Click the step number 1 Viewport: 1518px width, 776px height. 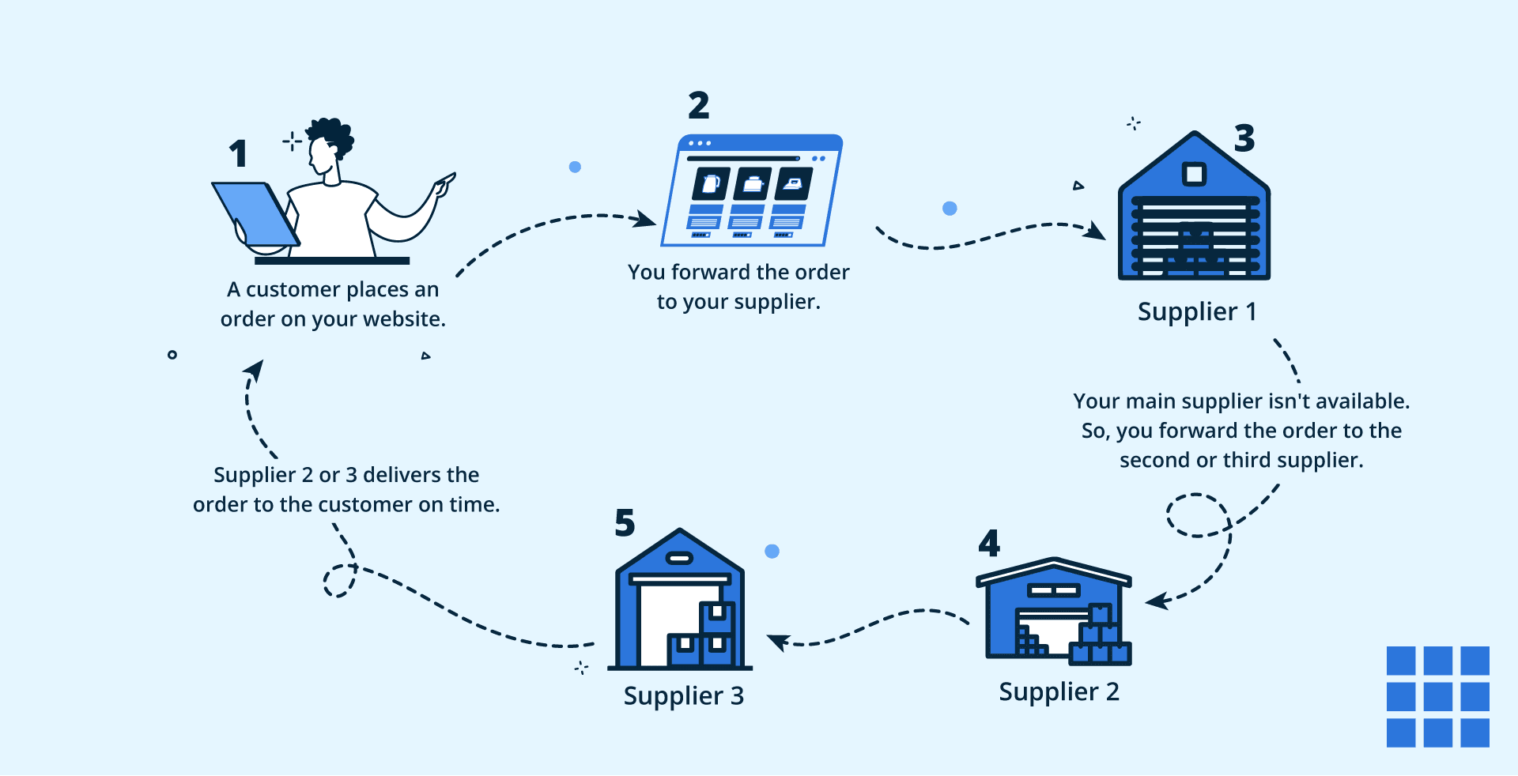(x=239, y=153)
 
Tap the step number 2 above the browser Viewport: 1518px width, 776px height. (x=699, y=105)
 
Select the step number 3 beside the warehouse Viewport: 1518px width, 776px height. (x=1244, y=138)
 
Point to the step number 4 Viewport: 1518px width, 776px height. (x=989, y=543)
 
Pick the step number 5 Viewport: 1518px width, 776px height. (x=625, y=523)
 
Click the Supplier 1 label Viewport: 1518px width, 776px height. (x=1196, y=311)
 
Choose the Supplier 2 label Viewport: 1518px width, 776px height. (x=1059, y=691)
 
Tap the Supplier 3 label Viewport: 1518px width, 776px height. (x=683, y=695)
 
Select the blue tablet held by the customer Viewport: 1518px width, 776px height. (x=255, y=213)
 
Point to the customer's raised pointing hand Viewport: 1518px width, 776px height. (x=445, y=183)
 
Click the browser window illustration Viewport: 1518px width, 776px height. (x=753, y=190)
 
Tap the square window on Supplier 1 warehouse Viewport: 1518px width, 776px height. (x=1194, y=174)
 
